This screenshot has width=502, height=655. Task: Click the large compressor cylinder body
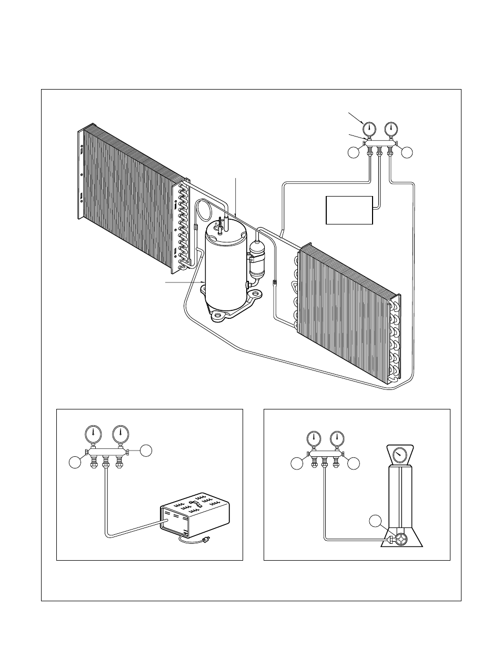pos(225,269)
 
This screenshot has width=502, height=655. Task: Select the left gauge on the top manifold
pos(369,129)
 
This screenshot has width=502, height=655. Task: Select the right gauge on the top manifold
pos(390,129)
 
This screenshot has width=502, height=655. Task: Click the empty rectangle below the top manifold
pos(349,210)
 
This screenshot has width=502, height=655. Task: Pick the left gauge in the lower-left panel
pos(93,434)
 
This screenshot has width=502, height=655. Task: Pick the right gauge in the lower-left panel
pos(121,434)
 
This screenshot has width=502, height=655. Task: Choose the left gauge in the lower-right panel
pos(314,438)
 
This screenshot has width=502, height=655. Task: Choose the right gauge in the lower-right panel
pos(337,438)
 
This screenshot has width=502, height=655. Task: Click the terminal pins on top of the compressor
pos(223,224)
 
